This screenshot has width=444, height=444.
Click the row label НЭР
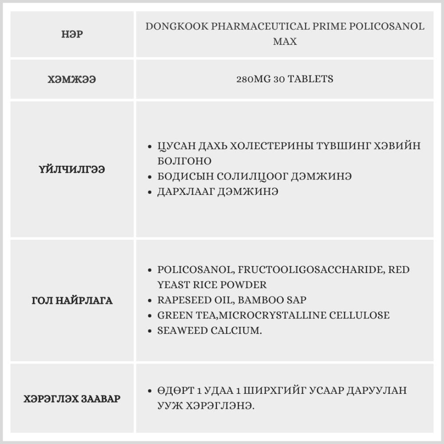pos(72,34)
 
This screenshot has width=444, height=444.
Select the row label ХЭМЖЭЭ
pos(72,79)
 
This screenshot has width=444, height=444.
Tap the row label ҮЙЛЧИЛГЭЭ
pos(72,169)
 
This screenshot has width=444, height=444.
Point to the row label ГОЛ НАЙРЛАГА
pos(72,301)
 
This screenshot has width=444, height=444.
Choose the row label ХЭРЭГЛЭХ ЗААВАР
pos(72,399)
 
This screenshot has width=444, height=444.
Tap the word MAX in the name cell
pos(285,42)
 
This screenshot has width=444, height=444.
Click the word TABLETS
pos(311,79)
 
